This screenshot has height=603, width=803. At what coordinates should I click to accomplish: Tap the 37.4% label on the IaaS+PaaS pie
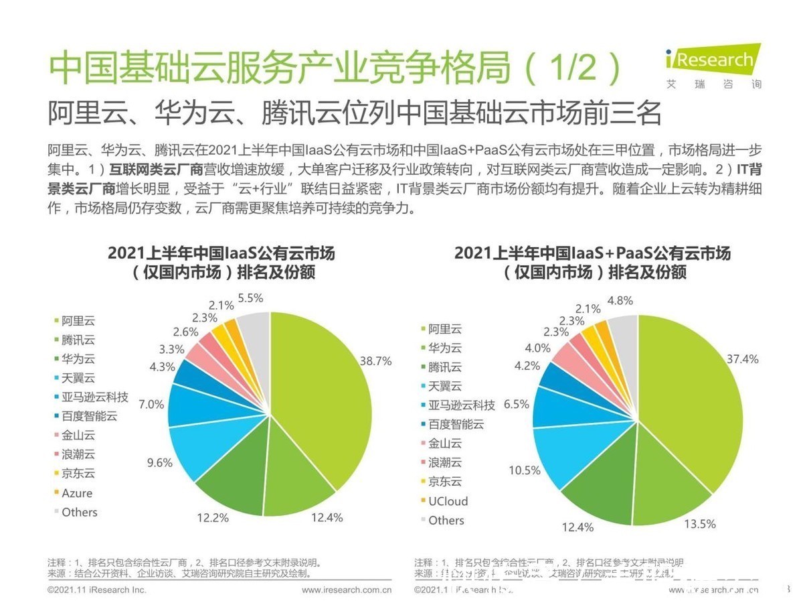743,358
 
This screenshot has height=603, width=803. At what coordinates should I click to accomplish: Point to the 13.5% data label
699,524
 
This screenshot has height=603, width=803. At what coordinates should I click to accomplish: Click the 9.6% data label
160,462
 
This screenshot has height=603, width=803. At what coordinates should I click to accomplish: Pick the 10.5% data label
524,470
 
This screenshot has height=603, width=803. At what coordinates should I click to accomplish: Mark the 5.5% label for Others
250,297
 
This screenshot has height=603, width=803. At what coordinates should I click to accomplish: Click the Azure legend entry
76,493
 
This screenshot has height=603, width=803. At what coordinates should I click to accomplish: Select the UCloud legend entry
448,501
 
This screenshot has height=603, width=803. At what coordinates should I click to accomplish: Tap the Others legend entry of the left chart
79,512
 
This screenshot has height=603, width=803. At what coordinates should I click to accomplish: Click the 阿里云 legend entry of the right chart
445,329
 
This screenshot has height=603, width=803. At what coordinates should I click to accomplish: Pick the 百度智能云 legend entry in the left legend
89,416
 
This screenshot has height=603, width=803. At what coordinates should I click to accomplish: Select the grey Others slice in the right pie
624,332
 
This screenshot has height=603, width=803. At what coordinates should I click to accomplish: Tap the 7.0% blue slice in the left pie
187,405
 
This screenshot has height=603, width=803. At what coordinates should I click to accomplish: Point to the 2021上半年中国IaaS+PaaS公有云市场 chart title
592,253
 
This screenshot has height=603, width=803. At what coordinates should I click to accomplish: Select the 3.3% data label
172,348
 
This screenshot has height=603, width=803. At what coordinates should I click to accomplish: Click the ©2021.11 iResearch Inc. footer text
96,590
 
